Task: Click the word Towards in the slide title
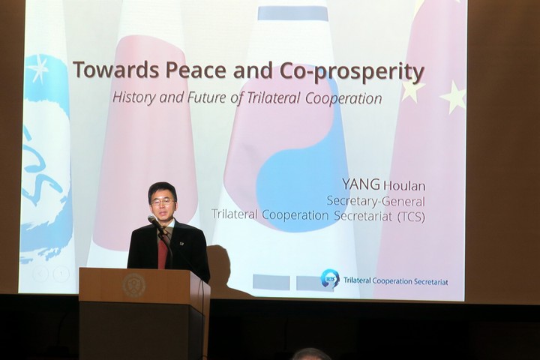(x=116, y=69)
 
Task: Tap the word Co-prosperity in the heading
(x=352, y=72)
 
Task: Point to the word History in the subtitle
(x=134, y=97)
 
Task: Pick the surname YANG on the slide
(x=361, y=184)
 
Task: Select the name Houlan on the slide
(x=404, y=186)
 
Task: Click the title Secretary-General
(x=376, y=201)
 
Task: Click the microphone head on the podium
(x=151, y=219)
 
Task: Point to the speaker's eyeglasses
(x=163, y=202)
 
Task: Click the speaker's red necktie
(x=163, y=250)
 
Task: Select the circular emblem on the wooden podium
(x=134, y=285)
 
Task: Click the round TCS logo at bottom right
(x=331, y=278)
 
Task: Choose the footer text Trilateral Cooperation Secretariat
(x=396, y=281)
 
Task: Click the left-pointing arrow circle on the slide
(x=41, y=274)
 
